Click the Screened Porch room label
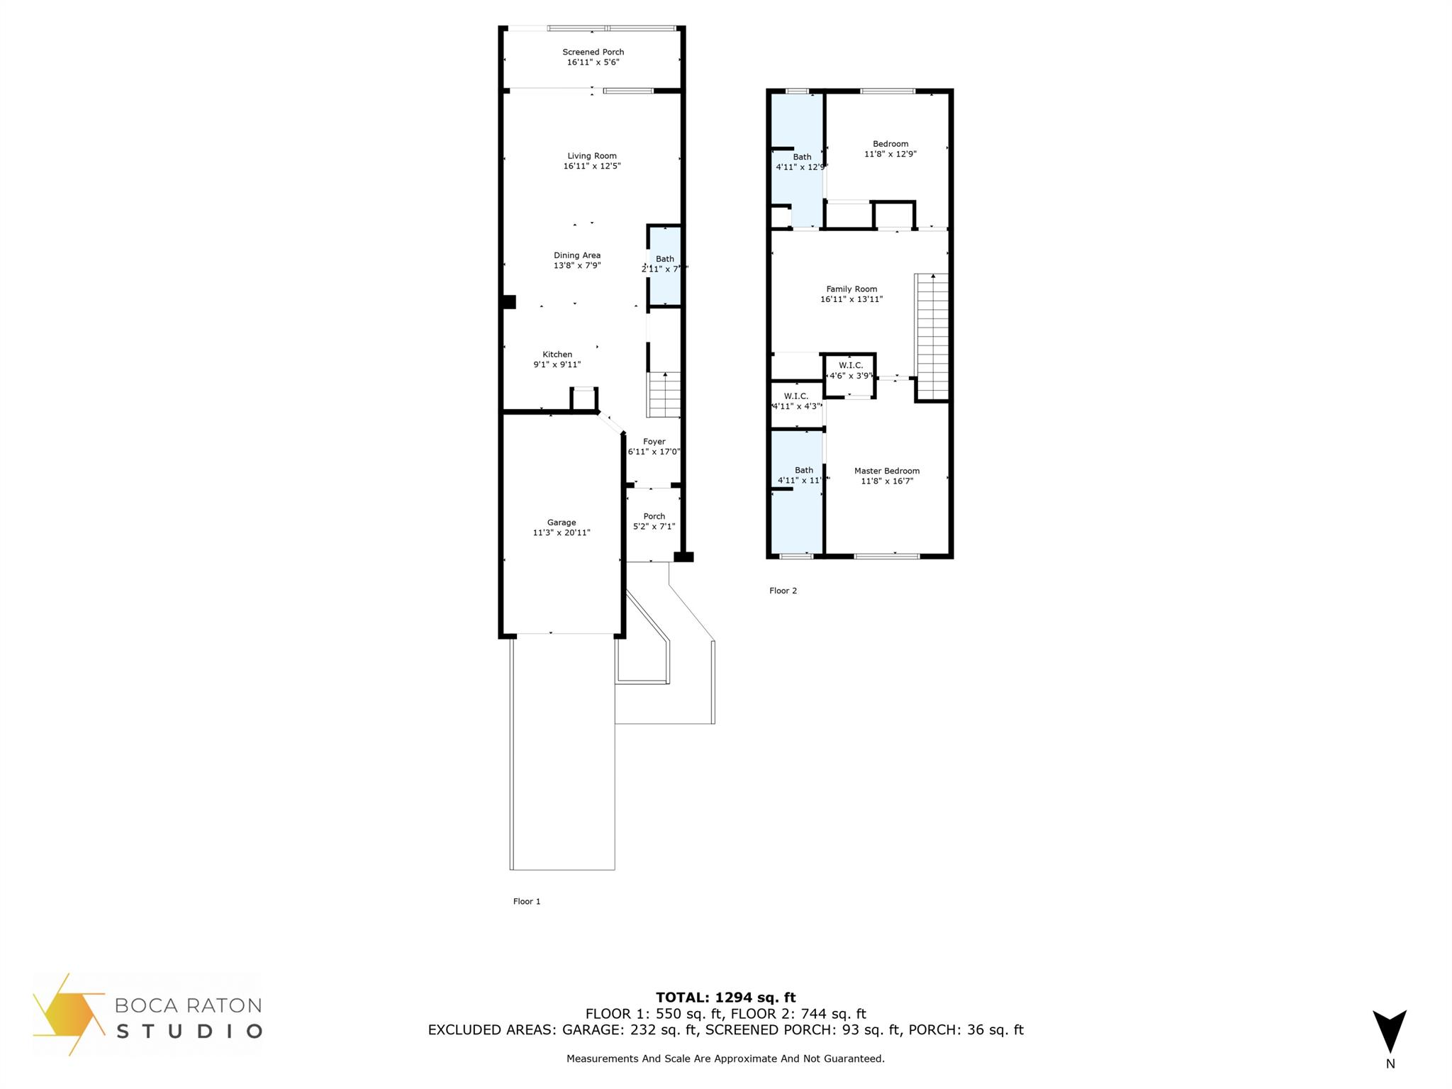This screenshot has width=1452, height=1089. tap(593, 52)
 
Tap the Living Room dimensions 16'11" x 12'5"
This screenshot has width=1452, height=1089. tap(592, 166)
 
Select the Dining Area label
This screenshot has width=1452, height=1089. tap(577, 255)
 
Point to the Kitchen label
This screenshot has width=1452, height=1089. tap(557, 354)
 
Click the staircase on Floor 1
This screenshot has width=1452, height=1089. tap(664, 396)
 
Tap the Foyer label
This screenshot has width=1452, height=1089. tap(654, 442)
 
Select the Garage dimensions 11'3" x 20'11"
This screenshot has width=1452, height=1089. tap(562, 532)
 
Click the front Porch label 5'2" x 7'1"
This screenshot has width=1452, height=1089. tap(654, 521)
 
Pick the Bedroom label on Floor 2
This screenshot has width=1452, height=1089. tap(890, 144)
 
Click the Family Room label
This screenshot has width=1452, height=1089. tap(851, 289)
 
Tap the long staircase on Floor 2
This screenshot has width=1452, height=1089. tap(932, 337)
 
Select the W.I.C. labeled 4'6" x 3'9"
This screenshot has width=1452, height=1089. tap(851, 371)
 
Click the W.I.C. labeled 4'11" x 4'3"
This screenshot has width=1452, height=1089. tap(796, 401)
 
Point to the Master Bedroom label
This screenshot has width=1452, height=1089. tap(887, 471)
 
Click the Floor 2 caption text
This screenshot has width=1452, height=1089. tap(783, 591)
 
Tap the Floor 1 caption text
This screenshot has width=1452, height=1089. tap(527, 901)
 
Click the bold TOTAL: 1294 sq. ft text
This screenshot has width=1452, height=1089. tap(725, 998)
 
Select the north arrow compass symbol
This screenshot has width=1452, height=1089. tap(1389, 1031)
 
